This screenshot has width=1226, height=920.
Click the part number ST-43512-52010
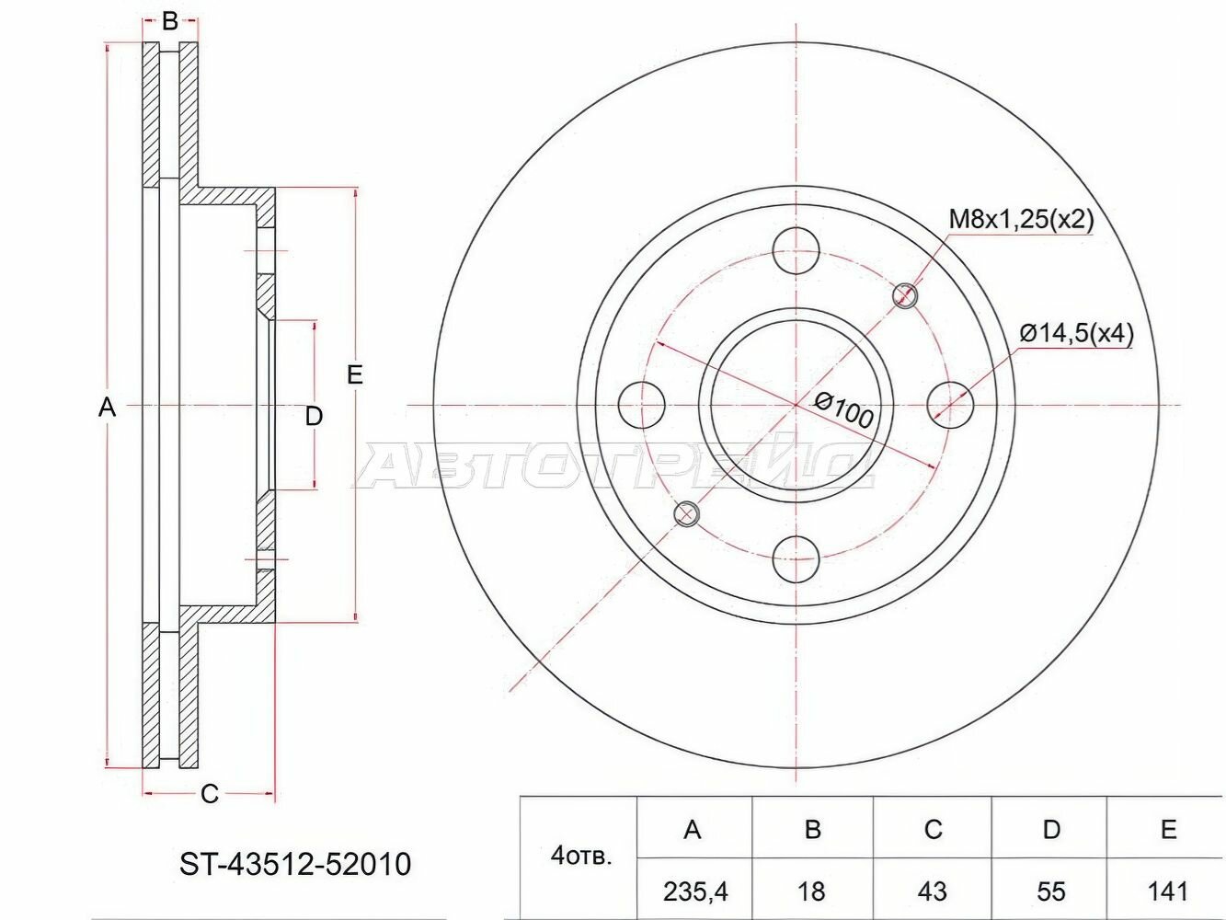pyautogui.click(x=294, y=864)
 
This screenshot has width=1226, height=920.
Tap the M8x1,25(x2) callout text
pyautogui.click(x=1020, y=219)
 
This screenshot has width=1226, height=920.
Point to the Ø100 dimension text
pyautogui.click(x=843, y=409)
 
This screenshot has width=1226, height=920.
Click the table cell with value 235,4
pyautogui.click(x=693, y=890)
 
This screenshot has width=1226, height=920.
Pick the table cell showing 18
pyautogui.click(x=812, y=890)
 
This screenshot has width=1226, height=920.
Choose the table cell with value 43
pyautogui.click(x=933, y=890)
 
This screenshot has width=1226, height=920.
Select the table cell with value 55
pyautogui.click(x=1050, y=890)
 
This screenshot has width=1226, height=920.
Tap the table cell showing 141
pyautogui.click(x=1168, y=890)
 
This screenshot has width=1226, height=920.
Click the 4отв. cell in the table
pyautogui.click(x=579, y=857)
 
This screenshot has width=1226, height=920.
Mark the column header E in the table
pyautogui.click(x=1168, y=830)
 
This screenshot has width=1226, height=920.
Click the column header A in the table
pyautogui.click(x=693, y=830)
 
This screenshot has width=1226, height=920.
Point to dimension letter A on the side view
pyautogui.click(x=108, y=406)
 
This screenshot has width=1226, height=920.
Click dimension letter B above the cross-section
pyautogui.click(x=170, y=21)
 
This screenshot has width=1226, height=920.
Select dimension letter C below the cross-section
pyautogui.click(x=210, y=793)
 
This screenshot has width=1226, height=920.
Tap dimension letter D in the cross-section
pyautogui.click(x=314, y=416)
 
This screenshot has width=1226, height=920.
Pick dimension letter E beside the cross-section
pyautogui.click(x=355, y=374)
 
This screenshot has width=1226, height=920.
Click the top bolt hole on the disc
pyautogui.click(x=796, y=249)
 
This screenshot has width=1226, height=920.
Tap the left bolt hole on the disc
pyautogui.click(x=642, y=404)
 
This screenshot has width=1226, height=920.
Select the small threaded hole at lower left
pyautogui.click(x=686, y=513)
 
